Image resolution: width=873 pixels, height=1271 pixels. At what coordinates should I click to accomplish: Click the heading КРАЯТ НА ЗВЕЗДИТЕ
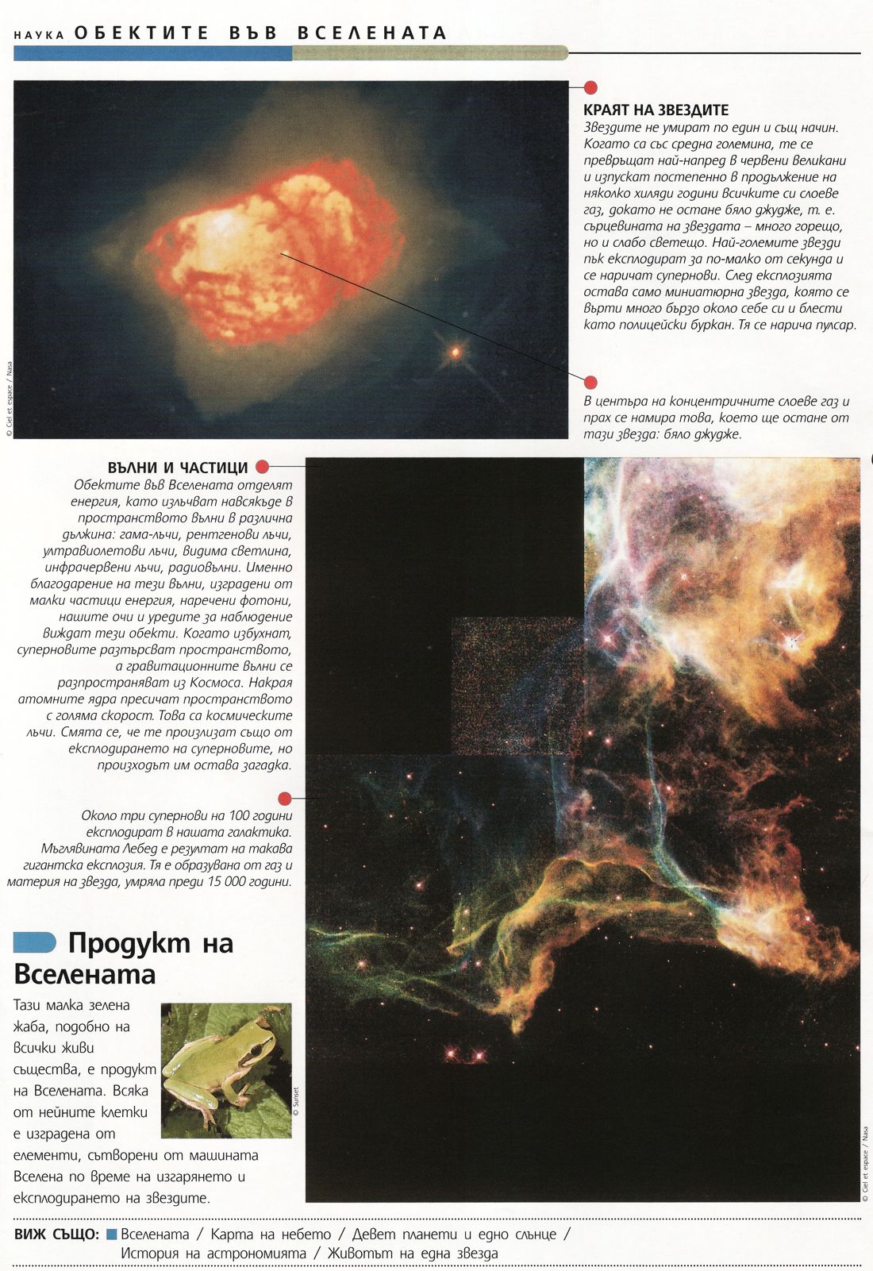pyautogui.click(x=656, y=110)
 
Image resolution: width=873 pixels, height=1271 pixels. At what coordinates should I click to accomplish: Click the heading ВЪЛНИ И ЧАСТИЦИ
pyautogui.click(x=178, y=468)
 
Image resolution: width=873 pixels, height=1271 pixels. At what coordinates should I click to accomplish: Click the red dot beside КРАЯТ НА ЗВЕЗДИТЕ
pyautogui.click(x=590, y=87)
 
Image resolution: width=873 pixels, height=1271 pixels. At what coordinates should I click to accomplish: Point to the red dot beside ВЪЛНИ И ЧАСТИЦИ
pyautogui.click(x=263, y=467)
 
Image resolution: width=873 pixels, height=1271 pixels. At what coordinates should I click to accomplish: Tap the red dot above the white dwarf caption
pyautogui.click(x=590, y=383)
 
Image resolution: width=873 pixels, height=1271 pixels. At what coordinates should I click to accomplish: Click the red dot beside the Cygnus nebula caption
pyautogui.click(x=285, y=798)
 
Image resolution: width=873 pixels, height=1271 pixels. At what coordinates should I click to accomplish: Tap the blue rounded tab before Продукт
pyautogui.click(x=35, y=942)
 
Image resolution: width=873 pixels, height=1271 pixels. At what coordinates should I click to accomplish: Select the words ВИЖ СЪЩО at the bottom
pyautogui.click(x=56, y=1234)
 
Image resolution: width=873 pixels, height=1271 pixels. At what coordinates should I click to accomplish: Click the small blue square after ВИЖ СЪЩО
pyautogui.click(x=112, y=1234)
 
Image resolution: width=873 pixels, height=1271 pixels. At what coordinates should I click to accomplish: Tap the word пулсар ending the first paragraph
pyautogui.click(x=833, y=325)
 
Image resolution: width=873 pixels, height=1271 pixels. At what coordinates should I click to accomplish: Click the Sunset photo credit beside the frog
pyautogui.click(x=296, y=1101)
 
